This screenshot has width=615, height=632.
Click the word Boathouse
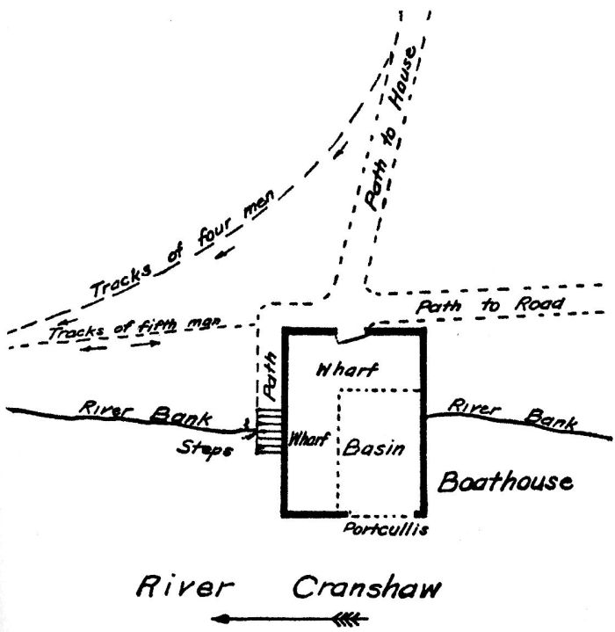(x=505, y=482)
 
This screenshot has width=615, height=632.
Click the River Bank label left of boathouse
(x=144, y=413)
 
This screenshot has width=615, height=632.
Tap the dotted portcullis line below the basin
(x=382, y=515)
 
